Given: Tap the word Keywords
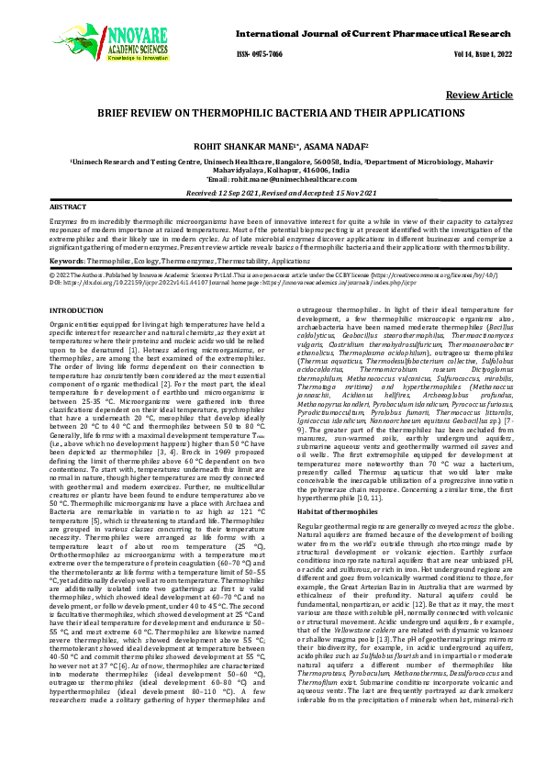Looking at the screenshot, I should [68, 262].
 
